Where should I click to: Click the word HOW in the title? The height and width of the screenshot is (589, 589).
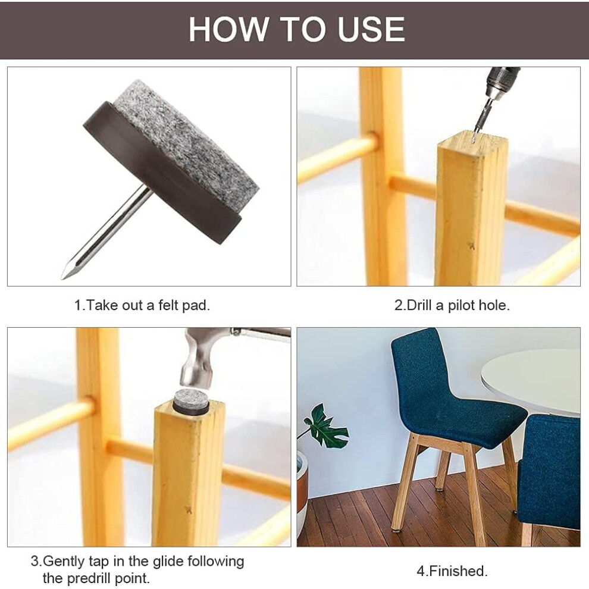228,29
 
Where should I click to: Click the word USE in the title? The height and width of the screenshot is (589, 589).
371,29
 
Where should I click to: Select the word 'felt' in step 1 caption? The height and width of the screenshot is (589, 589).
168,305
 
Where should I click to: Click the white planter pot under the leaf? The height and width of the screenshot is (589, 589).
302,492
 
